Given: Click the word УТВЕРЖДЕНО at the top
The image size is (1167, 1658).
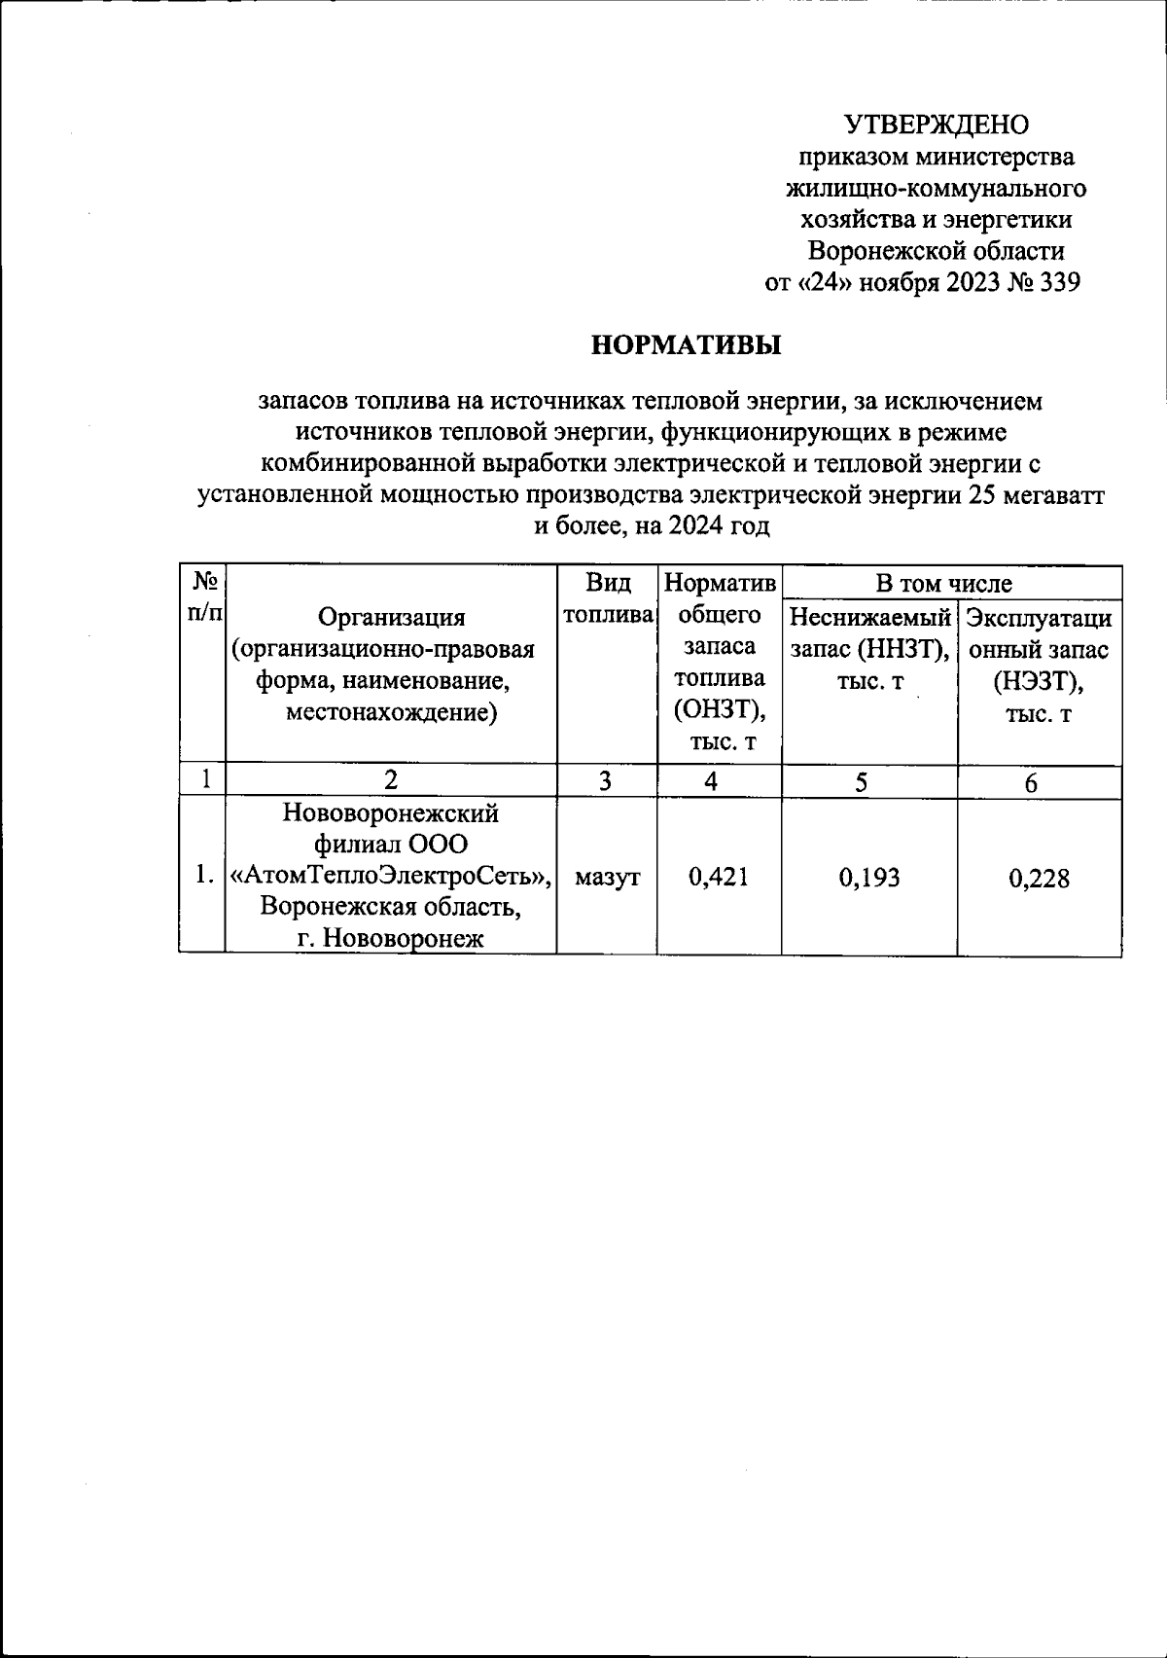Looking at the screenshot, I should tap(936, 125).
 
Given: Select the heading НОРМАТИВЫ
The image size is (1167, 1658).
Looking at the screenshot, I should tap(687, 345).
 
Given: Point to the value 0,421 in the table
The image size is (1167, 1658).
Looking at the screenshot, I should tap(719, 878).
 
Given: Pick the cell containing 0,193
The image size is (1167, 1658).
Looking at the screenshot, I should tap(869, 878).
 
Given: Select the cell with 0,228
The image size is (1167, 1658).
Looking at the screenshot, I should tap(1039, 879).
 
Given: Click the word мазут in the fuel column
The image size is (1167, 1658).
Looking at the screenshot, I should tap(607, 878).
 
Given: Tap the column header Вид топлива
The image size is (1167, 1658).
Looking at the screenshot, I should tap(607, 599).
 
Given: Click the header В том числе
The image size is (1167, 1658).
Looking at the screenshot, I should tap(943, 584).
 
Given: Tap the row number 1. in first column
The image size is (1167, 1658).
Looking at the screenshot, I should tap(202, 875).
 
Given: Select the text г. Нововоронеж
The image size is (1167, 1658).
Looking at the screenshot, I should tap(391, 939).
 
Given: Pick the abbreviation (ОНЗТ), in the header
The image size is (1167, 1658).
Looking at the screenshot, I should tap(720, 711).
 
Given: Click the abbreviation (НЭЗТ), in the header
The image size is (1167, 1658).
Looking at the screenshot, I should tap(1039, 681).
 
